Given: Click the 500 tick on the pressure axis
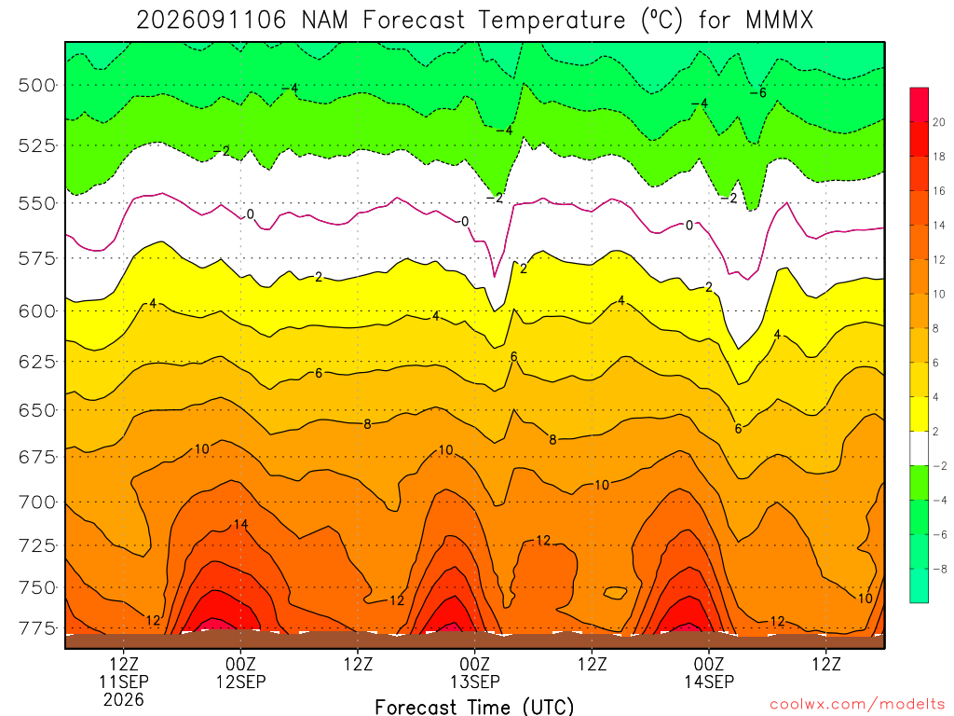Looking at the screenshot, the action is click(37, 85).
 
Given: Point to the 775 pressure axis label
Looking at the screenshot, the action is click(37, 627).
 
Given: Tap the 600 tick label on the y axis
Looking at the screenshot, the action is click(37, 311).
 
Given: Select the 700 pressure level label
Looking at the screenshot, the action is click(37, 503).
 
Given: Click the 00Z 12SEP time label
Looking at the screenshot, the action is click(241, 673).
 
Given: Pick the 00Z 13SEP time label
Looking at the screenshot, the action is click(474, 673).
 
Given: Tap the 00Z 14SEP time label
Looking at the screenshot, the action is click(709, 673).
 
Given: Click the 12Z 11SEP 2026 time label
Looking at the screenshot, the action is click(124, 682).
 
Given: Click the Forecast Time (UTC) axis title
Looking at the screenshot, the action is click(474, 707).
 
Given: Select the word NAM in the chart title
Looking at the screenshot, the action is click(325, 21).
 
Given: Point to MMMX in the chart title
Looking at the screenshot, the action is click(780, 21).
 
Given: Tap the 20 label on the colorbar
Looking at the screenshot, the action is click(939, 122).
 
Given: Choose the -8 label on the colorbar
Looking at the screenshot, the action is click(939, 570).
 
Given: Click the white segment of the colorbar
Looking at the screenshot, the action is click(920, 448).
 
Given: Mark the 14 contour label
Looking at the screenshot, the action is click(241, 524).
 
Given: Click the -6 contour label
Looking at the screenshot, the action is click(758, 92).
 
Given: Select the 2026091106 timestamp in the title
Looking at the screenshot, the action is click(211, 21).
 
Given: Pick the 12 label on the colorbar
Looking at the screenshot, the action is click(939, 260).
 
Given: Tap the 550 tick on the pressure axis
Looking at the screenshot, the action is click(37, 203).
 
